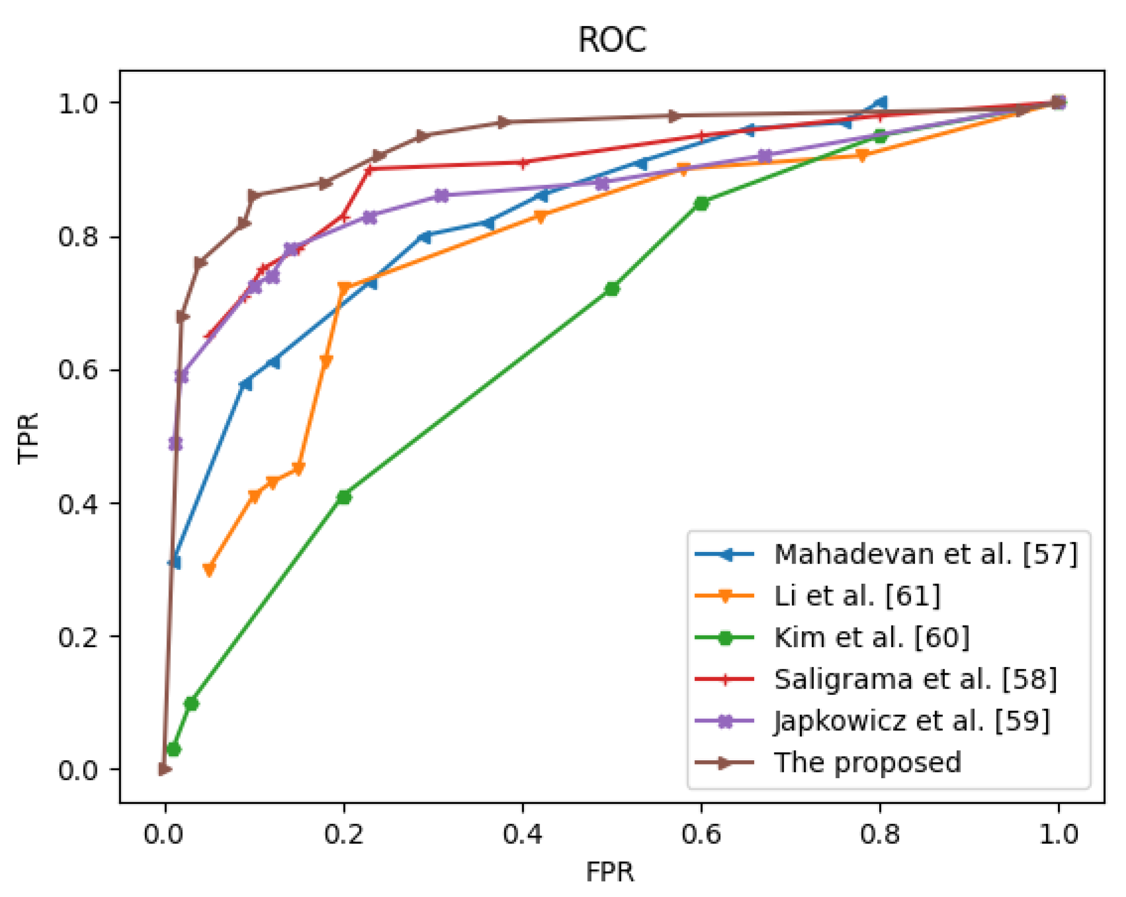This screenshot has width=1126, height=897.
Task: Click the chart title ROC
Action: [611, 40]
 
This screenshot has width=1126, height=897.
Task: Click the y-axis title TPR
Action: [28, 438]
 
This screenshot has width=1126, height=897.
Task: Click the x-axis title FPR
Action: [609, 871]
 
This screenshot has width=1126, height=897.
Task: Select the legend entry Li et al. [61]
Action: [857, 596]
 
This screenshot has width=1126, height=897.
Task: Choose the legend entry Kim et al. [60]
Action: [870, 637]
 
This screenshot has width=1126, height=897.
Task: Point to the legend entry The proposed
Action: [867, 763]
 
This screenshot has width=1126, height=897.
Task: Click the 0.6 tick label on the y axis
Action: [78, 370]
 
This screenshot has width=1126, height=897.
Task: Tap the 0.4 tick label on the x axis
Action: [522, 834]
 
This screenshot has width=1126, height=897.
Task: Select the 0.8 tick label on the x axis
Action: [880, 834]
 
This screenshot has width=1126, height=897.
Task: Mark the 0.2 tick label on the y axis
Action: [78, 637]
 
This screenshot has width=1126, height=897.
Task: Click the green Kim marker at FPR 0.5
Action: [611, 289]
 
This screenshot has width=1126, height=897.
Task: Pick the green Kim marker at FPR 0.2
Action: [344, 497]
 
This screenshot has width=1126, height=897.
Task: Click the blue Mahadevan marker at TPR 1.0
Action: [881, 102]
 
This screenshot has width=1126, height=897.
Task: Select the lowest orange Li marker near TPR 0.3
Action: [209, 569]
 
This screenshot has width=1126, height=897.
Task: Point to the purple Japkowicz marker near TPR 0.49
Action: [176, 443]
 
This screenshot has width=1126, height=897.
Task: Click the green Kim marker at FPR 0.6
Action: [702, 203]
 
